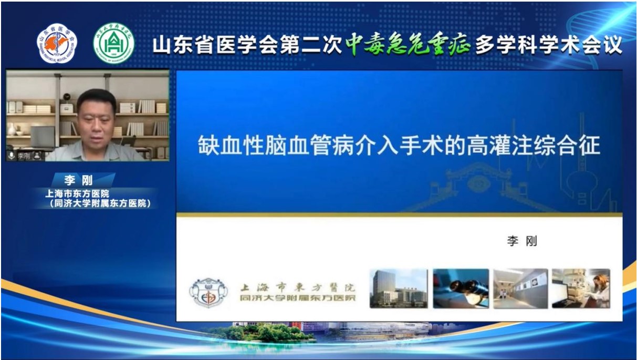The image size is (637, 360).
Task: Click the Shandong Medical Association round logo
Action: point(56,44)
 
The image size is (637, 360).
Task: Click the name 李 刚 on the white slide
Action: point(521,241)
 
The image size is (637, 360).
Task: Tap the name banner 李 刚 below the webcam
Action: point(79,181)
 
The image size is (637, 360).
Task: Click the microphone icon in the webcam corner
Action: point(11,156)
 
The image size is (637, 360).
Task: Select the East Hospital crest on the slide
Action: point(208,292)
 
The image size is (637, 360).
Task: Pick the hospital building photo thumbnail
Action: point(399,289)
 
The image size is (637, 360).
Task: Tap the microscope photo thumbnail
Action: point(461,289)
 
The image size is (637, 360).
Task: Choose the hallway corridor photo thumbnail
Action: point(520,289)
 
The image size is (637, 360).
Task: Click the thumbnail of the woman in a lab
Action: point(581,289)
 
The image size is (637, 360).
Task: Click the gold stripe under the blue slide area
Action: point(399,215)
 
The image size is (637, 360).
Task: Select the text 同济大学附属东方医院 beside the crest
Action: point(297,298)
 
